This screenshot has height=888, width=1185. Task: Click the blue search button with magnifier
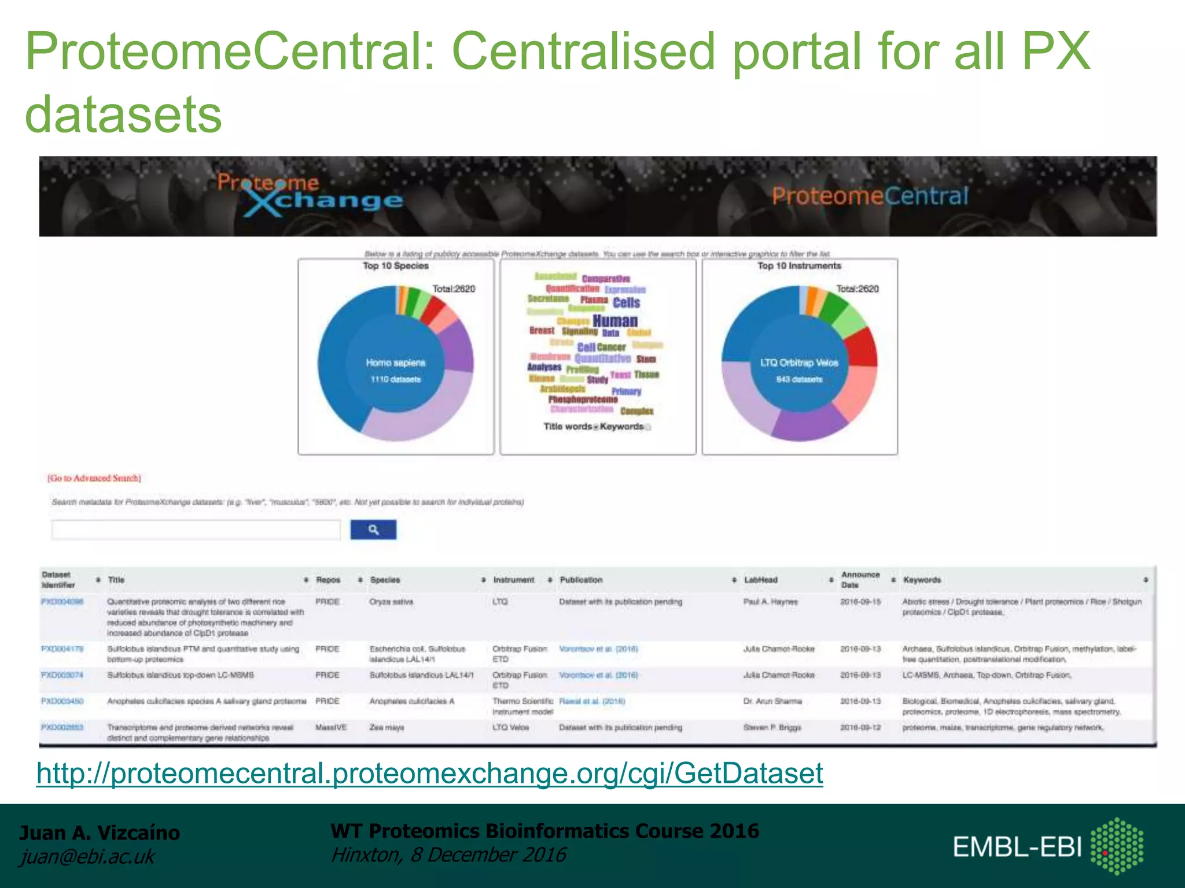tap(373, 530)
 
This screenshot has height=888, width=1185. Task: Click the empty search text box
tap(196, 530)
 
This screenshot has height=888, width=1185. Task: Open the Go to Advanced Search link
tap(94, 478)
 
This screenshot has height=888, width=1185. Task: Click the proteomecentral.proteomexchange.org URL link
tap(429, 773)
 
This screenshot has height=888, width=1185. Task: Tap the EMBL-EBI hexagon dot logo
tap(1117, 846)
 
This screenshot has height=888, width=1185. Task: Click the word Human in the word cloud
tap(615, 321)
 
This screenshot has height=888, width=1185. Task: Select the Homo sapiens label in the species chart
tap(396, 363)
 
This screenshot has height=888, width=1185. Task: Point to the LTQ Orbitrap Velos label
tap(799, 363)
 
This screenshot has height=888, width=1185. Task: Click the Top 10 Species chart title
tap(396, 266)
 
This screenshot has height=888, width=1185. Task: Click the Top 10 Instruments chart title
tap(799, 266)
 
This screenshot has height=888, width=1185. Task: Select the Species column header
tap(385, 580)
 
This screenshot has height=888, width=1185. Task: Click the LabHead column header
tap(760, 580)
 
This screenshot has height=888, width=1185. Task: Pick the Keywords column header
tap(922, 580)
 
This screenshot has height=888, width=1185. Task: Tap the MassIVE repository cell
tap(331, 727)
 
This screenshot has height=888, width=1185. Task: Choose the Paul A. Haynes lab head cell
tap(770, 602)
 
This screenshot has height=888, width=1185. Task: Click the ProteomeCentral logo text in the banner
tap(870, 196)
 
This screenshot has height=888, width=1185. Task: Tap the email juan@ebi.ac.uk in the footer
tap(87, 857)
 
